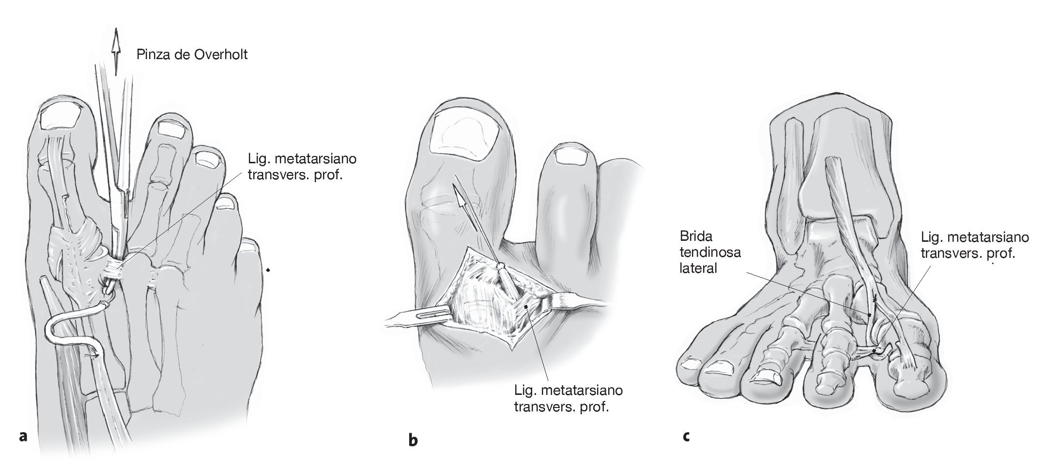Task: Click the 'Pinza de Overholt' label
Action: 192,54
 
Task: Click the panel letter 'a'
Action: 22,437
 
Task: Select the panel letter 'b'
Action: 413,440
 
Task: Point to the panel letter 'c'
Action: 686,436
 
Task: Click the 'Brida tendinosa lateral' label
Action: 710,252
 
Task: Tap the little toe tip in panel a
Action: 250,247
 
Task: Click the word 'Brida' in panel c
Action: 696,236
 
